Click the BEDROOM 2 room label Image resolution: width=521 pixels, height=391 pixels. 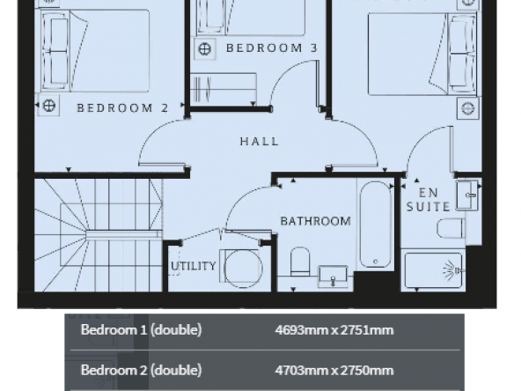[122, 107]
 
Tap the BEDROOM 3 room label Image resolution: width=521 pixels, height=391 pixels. [271, 48]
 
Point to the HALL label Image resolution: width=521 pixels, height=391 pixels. [259, 141]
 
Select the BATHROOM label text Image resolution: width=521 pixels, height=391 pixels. [315, 221]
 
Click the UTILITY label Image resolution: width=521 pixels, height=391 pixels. [194, 266]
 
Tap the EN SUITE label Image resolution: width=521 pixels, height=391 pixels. [429, 200]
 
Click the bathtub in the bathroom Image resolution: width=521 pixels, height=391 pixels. [376, 224]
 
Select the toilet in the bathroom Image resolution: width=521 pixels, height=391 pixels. [300, 262]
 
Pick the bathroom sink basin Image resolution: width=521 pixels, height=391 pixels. [333, 276]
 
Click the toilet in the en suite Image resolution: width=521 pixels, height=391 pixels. [451, 228]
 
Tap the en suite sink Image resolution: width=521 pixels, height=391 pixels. [467, 195]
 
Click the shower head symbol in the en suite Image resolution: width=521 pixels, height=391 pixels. [451, 270]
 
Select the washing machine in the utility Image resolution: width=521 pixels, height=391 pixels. [240, 267]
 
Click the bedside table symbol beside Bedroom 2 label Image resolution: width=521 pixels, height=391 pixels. [49, 106]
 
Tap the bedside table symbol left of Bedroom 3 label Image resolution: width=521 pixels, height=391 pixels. [205, 49]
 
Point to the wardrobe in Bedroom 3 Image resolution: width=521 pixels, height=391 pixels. [224, 88]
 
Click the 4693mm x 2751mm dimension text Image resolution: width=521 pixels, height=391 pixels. [334, 330]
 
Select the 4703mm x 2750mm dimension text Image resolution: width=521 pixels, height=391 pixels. [334, 370]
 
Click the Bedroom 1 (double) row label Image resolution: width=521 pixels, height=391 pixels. [141, 330]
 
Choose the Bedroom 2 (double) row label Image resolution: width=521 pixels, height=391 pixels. [141, 370]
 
